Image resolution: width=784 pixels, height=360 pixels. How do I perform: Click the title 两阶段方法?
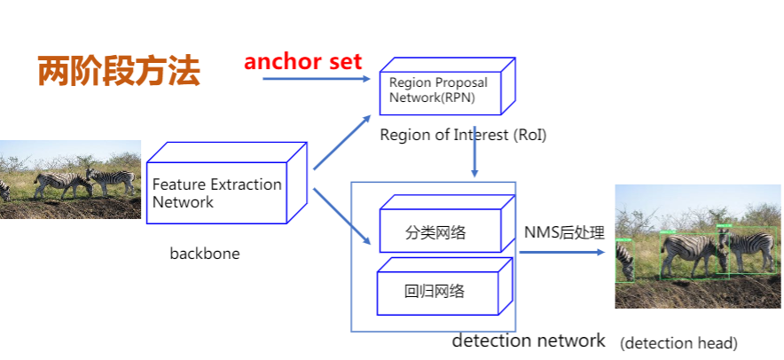(x=119, y=72)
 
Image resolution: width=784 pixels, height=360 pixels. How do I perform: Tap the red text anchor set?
(x=303, y=61)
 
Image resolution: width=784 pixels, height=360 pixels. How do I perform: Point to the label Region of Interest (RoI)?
(x=463, y=135)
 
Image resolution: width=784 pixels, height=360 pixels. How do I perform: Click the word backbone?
(x=205, y=254)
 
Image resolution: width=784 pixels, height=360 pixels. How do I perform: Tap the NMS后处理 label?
(x=564, y=233)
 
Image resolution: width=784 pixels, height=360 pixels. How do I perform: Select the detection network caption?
(x=529, y=340)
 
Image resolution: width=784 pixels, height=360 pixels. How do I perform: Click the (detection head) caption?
(x=678, y=342)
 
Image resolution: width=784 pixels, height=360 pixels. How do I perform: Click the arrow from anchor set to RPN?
(x=315, y=79)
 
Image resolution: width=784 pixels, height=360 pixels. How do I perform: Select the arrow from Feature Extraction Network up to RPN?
(x=341, y=141)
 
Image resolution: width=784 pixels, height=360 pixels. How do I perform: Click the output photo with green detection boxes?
(x=698, y=247)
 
